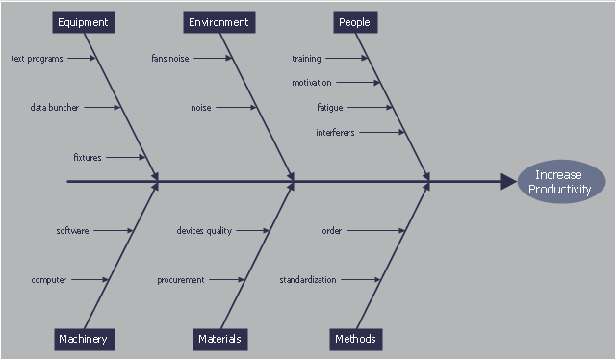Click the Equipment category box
[x=84, y=22]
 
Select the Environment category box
[x=219, y=22]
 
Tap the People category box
[x=355, y=22]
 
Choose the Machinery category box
[x=85, y=340]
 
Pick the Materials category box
[x=220, y=340]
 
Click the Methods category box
[x=356, y=340]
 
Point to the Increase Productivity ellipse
[x=561, y=182]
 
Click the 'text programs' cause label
[x=37, y=59]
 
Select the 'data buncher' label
[x=55, y=107]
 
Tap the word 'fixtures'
[x=88, y=157]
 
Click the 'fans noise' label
[x=170, y=59]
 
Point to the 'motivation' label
[x=312, y=83]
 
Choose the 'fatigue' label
[x=330, y=107]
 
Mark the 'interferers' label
[x=335, y=133]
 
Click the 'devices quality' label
[x=204, y=231]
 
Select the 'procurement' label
[x=181, y=280]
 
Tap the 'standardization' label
[x=308, y=280]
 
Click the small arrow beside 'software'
[x=114, y=231]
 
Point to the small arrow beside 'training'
[x=346, y=58]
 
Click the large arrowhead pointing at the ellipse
[x=509, y=182]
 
